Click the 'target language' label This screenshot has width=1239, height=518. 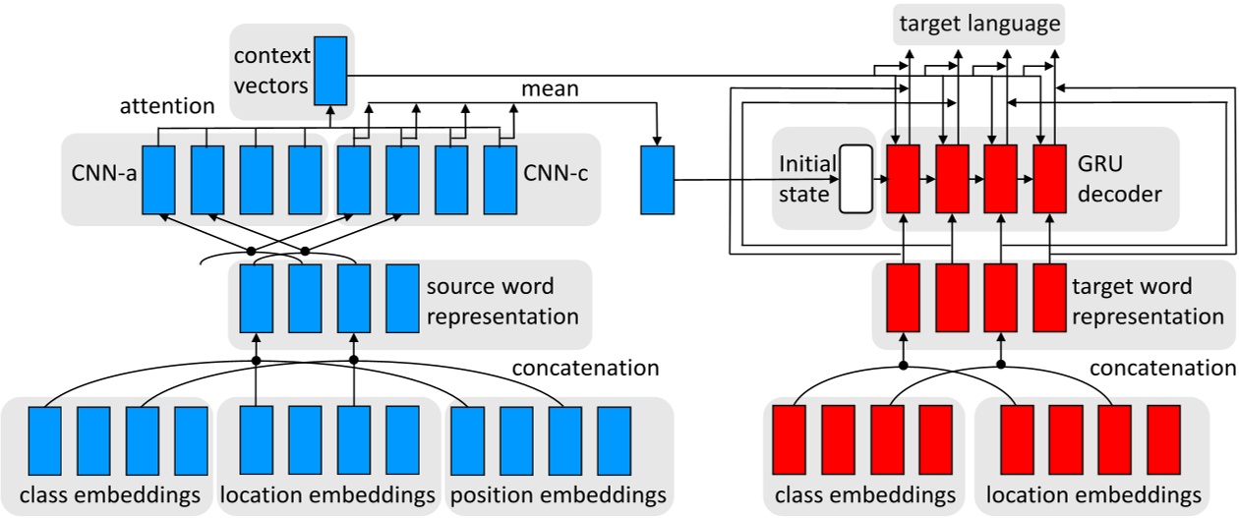(x=978, y=22)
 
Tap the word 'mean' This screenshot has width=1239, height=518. (x=550, y=88)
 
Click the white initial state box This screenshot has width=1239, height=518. (x=855, y=179)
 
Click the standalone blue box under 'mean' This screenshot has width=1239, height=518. (x=657, y=179)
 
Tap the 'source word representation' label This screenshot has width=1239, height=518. (x=489, y=302)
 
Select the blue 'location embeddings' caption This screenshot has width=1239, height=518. (x=327, y=492)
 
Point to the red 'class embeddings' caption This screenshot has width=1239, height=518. (x=865, y=492)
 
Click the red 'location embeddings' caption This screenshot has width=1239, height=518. (x=1093, y=492)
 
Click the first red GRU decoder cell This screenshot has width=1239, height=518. (x=902, y=179)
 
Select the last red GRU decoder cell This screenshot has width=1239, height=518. (x=1049, y=179)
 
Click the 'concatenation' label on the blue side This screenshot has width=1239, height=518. (x=586, y=369)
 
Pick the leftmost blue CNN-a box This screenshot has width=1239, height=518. (x=158, y=179)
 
